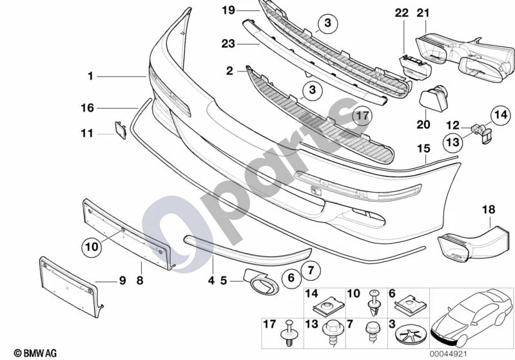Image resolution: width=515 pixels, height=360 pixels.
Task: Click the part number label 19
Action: point(229,10)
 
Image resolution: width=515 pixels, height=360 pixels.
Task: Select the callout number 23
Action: point(228,44)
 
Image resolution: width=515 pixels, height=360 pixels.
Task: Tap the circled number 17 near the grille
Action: point(362,116)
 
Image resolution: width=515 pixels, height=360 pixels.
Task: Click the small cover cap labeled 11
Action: point(121,130)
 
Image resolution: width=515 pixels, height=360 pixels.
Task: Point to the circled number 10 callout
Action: point(92,247)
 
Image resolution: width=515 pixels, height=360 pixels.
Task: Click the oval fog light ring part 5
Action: point(261,282)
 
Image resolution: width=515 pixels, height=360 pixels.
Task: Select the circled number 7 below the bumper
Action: point(311,270)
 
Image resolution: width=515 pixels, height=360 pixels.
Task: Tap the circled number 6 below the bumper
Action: point(291,278)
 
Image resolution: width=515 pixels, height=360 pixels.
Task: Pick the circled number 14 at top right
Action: point(501,115)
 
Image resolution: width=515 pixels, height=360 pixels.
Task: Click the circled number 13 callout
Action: point(453,142)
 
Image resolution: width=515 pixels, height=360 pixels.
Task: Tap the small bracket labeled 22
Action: point(415,68)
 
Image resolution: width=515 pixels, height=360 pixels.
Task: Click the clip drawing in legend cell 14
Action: point(328,308)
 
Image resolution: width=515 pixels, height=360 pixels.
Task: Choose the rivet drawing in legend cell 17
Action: point(288,333)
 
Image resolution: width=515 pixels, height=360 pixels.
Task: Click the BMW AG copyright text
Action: point(35,353)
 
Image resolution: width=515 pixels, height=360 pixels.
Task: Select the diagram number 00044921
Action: point(449,354)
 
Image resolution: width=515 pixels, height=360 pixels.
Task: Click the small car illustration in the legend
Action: point(471,318)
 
